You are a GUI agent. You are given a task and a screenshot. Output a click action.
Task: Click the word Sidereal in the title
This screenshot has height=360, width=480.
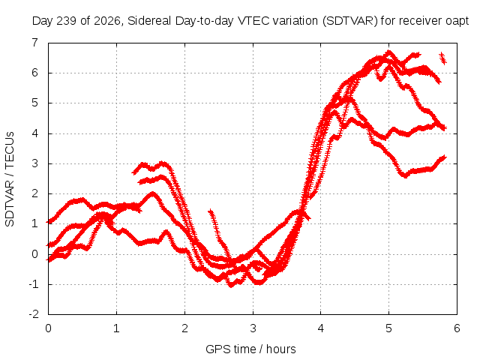(x=149, y=21)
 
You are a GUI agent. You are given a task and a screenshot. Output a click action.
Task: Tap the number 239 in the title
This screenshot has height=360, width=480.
(x=65, y=21)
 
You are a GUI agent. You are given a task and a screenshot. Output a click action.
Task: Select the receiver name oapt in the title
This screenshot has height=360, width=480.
(x=457, y=22)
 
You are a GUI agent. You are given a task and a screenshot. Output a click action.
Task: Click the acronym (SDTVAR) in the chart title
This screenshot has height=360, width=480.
(x=350, y=21)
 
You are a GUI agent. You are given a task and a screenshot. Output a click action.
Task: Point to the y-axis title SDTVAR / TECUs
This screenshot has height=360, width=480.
(x=10, y=179)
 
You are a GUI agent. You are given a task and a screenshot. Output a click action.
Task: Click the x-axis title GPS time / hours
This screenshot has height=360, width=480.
(x=250, y=349)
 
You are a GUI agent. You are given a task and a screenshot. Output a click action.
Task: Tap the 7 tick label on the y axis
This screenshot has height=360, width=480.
(x=35, y=43)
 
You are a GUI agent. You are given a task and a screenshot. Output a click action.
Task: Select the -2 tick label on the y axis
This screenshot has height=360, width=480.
(x=34, y=314)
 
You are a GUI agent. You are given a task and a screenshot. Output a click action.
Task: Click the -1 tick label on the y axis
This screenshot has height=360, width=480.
(x=34, y=284)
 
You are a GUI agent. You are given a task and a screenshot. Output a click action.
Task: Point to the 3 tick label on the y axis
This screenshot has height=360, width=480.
(x=35, y=163)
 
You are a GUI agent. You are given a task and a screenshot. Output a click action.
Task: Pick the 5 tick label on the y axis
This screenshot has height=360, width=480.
(x=35, y=103)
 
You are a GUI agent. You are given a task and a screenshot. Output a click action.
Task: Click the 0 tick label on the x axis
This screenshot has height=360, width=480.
(x=48, y=328)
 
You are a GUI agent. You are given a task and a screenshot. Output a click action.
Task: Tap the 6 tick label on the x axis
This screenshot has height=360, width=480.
(x=457, y=328)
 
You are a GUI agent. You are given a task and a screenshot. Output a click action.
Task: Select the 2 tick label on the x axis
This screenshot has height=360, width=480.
(x=184, y=328)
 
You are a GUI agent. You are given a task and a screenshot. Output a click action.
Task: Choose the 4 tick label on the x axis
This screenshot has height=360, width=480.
(x=321, y=328)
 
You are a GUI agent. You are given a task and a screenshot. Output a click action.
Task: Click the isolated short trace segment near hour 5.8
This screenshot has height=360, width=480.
(x=443, y=58)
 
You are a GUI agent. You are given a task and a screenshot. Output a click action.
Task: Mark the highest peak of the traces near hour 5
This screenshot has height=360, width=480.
(x=389, y=52)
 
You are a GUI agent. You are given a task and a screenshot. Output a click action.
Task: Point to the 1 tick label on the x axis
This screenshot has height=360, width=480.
(x=116, y=328)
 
